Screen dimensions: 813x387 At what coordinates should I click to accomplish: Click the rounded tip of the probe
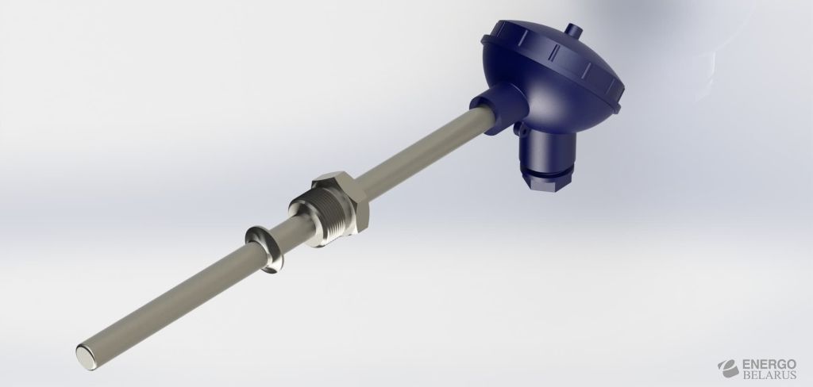[x=87, y=358]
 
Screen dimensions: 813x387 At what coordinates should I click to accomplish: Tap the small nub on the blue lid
[x=573, y=30]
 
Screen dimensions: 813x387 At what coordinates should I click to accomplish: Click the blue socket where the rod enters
[x=499, y=109]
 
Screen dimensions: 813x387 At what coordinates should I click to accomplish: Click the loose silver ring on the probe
[x=265, y=249]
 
